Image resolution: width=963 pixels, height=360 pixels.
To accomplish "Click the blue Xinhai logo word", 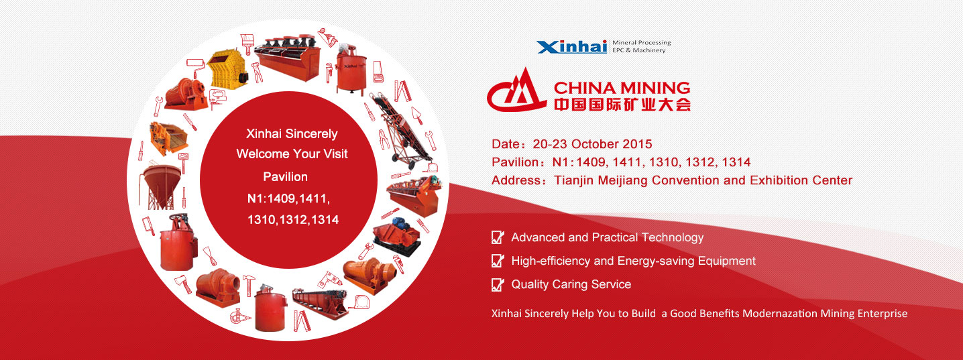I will (571, 47).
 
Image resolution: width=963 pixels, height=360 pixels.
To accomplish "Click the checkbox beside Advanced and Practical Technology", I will (498, 237).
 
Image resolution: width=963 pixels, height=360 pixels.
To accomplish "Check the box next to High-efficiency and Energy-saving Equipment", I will (498, 260).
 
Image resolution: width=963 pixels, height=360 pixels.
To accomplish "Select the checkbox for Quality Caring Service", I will (498, 284).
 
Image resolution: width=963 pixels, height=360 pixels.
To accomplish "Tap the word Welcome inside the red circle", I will (263, 154).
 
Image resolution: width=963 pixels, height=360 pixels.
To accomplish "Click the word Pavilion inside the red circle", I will (285, 177).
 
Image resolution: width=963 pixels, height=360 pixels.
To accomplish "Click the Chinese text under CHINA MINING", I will (622, 104).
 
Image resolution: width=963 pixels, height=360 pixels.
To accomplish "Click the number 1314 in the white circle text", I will (325, 220).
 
